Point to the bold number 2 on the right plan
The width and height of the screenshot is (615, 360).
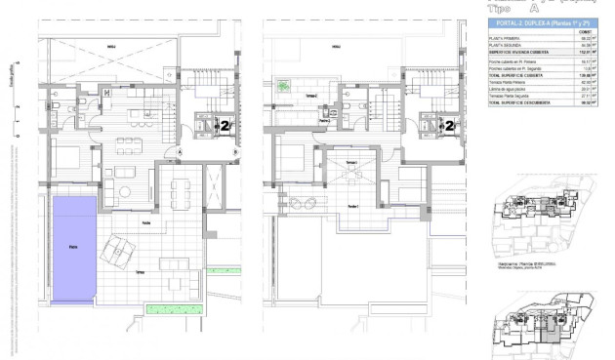[x=450, y=125]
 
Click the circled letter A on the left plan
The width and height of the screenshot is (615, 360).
[x=182, y=152]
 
